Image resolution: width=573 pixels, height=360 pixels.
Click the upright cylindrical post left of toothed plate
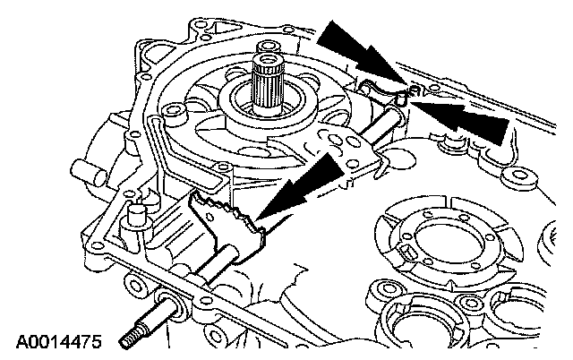coord(137,216)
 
